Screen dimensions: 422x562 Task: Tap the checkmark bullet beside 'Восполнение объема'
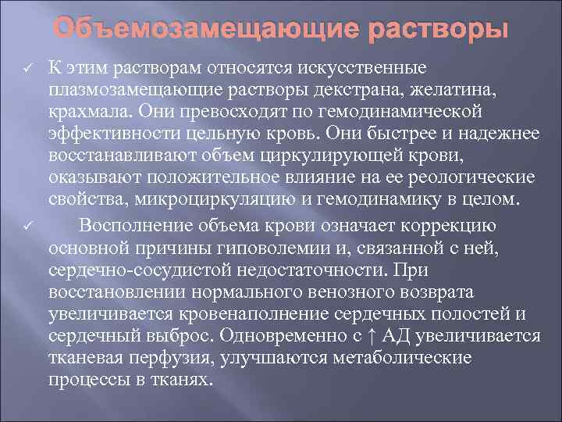pos(27,227)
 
